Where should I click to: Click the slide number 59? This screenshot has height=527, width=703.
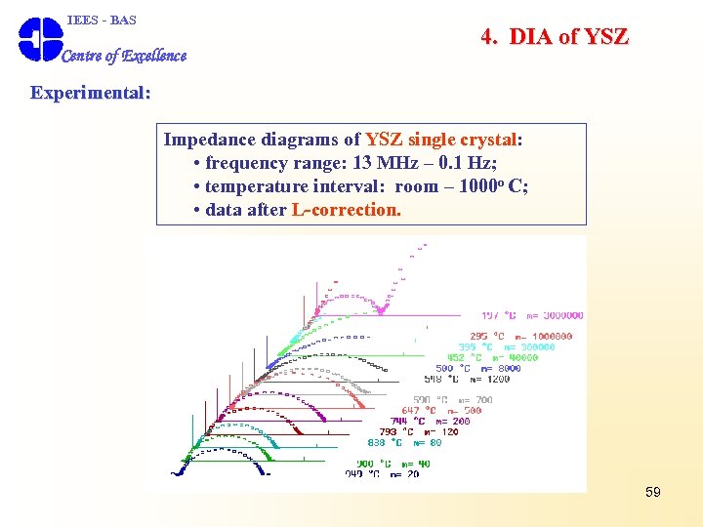click(x=653, y=492)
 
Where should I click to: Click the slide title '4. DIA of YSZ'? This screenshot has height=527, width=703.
click(x=555, y=37)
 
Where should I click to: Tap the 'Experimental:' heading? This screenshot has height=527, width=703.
click(x=91, y=93)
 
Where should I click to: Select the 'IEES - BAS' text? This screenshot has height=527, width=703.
click(x=102, y=20)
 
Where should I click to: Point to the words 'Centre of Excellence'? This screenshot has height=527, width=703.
click(x=124, y=56)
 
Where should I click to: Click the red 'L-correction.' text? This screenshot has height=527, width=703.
click(x=346, y=209)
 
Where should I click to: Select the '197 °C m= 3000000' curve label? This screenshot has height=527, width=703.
click(x=532, y=315)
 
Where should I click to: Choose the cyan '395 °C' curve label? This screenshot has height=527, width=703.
click(x=475, y=346)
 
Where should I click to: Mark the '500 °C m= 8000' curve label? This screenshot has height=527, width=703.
click(x=478, y=368)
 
